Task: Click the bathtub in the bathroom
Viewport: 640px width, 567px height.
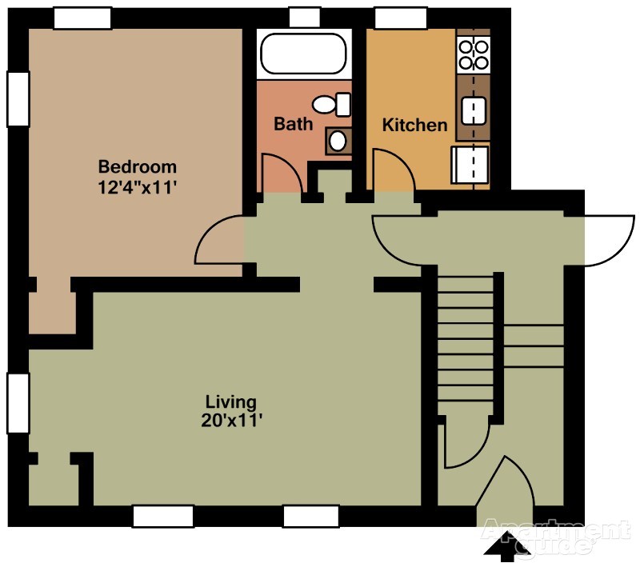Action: (304, 54)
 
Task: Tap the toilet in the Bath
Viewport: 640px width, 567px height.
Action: (331, 105)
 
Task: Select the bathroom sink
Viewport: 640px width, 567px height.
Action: (338, 141)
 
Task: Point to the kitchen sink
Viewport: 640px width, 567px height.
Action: (474, 110)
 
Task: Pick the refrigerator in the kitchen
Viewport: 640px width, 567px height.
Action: (470, 165)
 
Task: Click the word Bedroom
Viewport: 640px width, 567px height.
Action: (138, 167)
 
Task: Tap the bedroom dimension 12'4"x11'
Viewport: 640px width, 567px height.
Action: (137, 188)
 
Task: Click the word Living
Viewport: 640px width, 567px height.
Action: (231, 402)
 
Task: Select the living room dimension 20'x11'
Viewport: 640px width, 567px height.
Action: (231, 420)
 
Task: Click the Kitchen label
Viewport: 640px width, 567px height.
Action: (414, 125)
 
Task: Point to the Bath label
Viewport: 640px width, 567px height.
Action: (293, 124)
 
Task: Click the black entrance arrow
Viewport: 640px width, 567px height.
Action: (507, 545)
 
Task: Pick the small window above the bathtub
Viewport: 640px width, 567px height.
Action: (305, 18)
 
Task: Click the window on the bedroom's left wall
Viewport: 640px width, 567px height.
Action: (18, 98)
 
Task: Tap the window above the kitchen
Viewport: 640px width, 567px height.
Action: (401, 18)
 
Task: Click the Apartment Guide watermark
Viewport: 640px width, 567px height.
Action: (555, 537)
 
